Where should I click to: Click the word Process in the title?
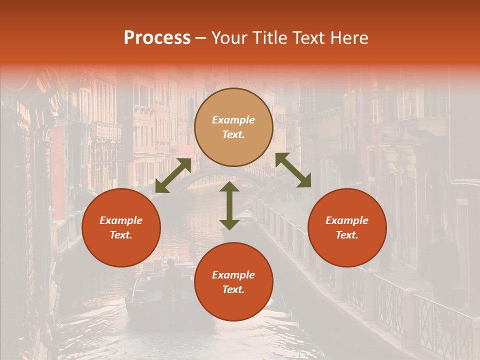(x=157, y=38)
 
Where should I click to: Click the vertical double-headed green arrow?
(x=229, y=205)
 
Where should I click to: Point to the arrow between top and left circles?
(x=173, y=175)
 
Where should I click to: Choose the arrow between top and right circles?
(x=293, y=170)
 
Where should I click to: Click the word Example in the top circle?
(x=233, y=120)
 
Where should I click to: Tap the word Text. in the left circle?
(x=121, y=235)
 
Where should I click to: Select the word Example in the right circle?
(x=347, y=220)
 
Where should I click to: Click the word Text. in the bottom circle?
(x=233, y=289)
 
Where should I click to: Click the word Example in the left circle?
(x=121, y=220)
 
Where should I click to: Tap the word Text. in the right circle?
(x=347, y=235)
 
